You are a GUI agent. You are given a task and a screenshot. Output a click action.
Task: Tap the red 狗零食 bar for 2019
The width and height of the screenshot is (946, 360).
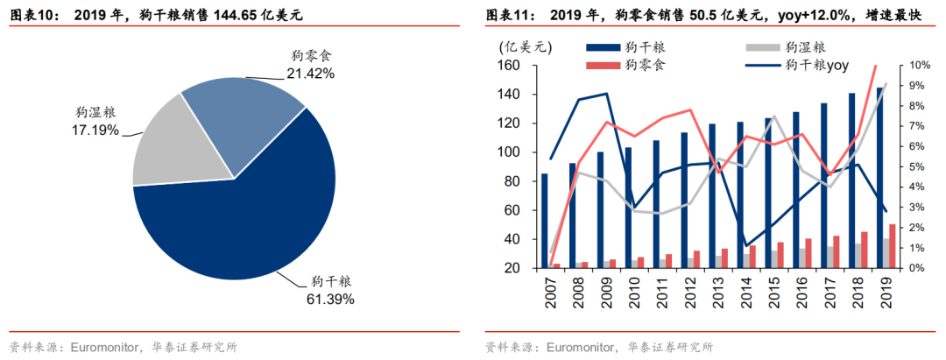point(892,246)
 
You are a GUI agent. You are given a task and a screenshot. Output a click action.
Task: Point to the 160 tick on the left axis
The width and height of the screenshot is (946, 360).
point(507,66)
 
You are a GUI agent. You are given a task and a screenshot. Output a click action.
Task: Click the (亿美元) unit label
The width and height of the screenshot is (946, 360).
point(520,46)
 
